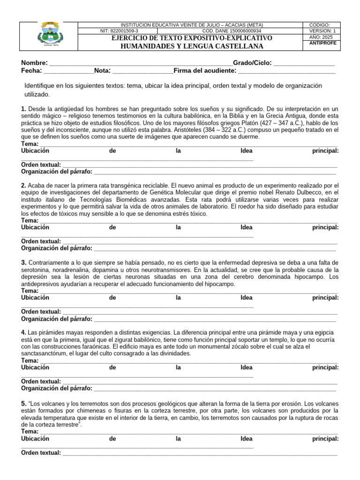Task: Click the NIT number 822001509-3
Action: click(117, 31)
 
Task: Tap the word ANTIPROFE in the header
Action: click(323, 43)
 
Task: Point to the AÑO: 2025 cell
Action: click(321, 37)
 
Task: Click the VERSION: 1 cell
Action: click(322, 31)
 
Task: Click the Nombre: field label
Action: click(34, 63)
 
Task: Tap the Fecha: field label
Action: click(31, 71)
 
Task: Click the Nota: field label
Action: click(102, 71)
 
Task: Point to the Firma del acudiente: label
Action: click(205, 71)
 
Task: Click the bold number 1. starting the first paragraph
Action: click(23, 109)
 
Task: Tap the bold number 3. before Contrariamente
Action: click(23, 262)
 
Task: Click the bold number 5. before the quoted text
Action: click(23, 403)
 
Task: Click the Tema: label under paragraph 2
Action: click(30, 220)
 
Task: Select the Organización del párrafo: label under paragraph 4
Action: click(57, 388)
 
